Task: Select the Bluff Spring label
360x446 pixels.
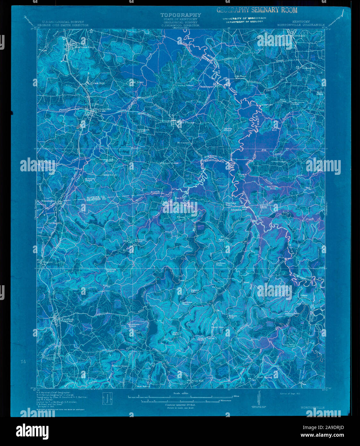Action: point(264,377)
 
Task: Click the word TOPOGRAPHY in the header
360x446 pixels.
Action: point(181,15)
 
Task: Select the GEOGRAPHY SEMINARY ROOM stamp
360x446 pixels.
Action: point(257,10)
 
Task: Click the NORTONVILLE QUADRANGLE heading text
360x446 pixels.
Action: point(301,25)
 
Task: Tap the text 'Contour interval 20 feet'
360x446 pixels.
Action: point(181,405)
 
